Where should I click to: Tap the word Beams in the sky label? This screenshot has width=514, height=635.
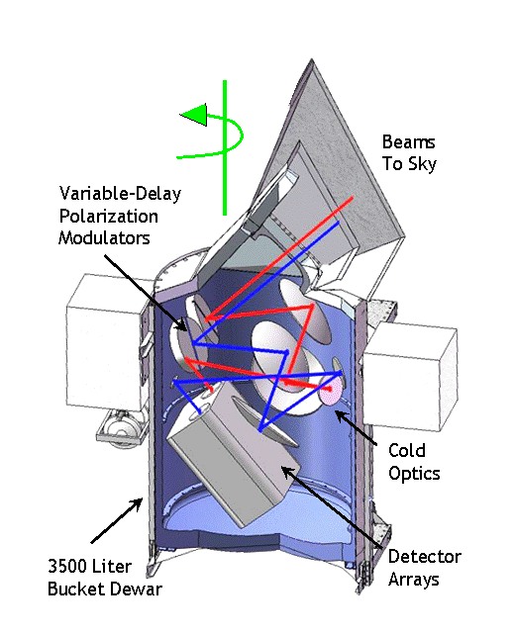(408, 142)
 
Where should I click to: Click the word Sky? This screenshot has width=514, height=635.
(422, 164)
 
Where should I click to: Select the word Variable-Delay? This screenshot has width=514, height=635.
(120, 194)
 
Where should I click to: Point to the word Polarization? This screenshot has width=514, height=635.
(109, 216)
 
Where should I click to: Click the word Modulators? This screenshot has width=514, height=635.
(104, 237)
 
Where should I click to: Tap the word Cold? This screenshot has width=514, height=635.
(407, 450)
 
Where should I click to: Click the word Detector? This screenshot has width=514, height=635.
(425, 557)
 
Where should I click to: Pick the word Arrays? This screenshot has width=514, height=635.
(413, 580)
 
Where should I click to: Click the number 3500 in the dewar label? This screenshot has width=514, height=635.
(68, 566)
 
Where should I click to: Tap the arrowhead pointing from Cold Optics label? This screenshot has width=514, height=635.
(340, 415)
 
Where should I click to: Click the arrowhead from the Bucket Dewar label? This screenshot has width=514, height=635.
(138, 503)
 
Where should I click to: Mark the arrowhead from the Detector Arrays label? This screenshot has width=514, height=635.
(286, 472)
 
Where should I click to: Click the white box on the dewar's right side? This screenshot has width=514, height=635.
(409, 376)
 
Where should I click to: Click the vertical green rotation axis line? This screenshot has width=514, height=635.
(225, 147)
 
